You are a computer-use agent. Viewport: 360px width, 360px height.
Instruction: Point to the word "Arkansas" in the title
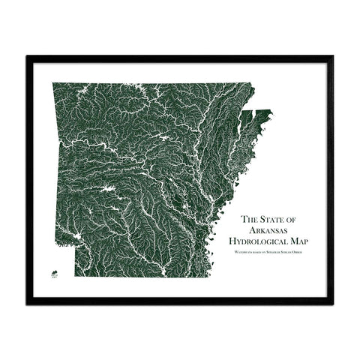[x=271, y=231]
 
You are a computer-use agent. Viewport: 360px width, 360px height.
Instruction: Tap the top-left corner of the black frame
[x=27, y=56]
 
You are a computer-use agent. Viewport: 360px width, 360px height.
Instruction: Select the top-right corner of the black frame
[x=334, y=56]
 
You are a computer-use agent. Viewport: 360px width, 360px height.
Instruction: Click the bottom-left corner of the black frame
[x=27, y=303]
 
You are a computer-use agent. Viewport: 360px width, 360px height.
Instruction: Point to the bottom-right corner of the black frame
[x=334, y=303]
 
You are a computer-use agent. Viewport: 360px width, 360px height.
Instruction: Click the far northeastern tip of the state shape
[x=271, y=112]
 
